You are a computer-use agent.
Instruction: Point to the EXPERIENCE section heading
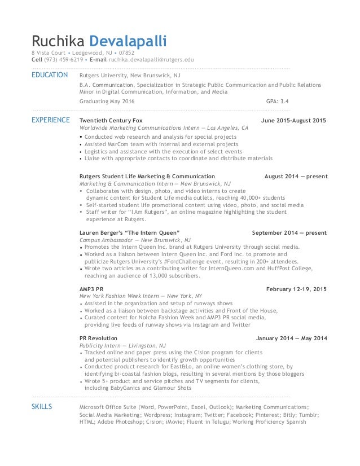[51, 120]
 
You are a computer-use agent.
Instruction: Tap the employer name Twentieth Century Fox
[111, 121]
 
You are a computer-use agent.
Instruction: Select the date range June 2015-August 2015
[294, 121]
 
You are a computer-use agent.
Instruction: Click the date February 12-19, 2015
[296, 289]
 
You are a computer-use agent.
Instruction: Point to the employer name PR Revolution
[99, 338]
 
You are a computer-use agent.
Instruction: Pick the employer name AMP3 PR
[92, 289]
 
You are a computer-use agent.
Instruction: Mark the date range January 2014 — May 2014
[291, 338]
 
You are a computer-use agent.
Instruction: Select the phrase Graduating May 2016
[107, 102]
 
